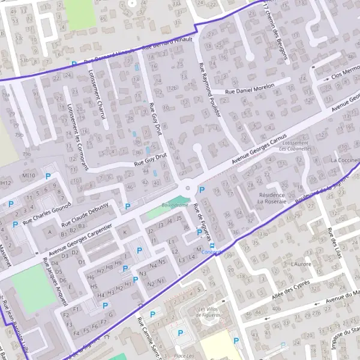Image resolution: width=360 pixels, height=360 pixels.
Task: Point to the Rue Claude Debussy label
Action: [x=88, y=211]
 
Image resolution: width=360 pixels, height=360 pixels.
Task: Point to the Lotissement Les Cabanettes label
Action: [x=295, y=146]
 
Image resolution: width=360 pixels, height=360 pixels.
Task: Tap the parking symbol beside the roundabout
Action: [x=202, y=190]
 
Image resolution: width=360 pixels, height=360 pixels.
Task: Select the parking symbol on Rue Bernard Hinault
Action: [x=74, y=64]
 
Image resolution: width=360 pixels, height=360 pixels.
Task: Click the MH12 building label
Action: [x=5, y=182]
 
